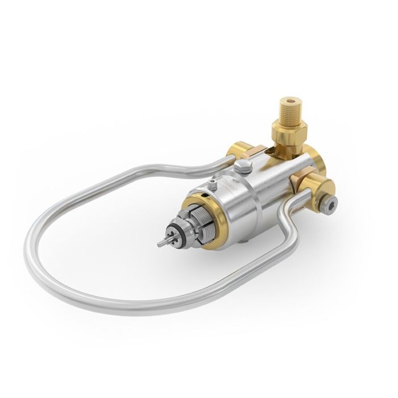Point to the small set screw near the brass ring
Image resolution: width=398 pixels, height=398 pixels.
[x=213, y=184]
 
